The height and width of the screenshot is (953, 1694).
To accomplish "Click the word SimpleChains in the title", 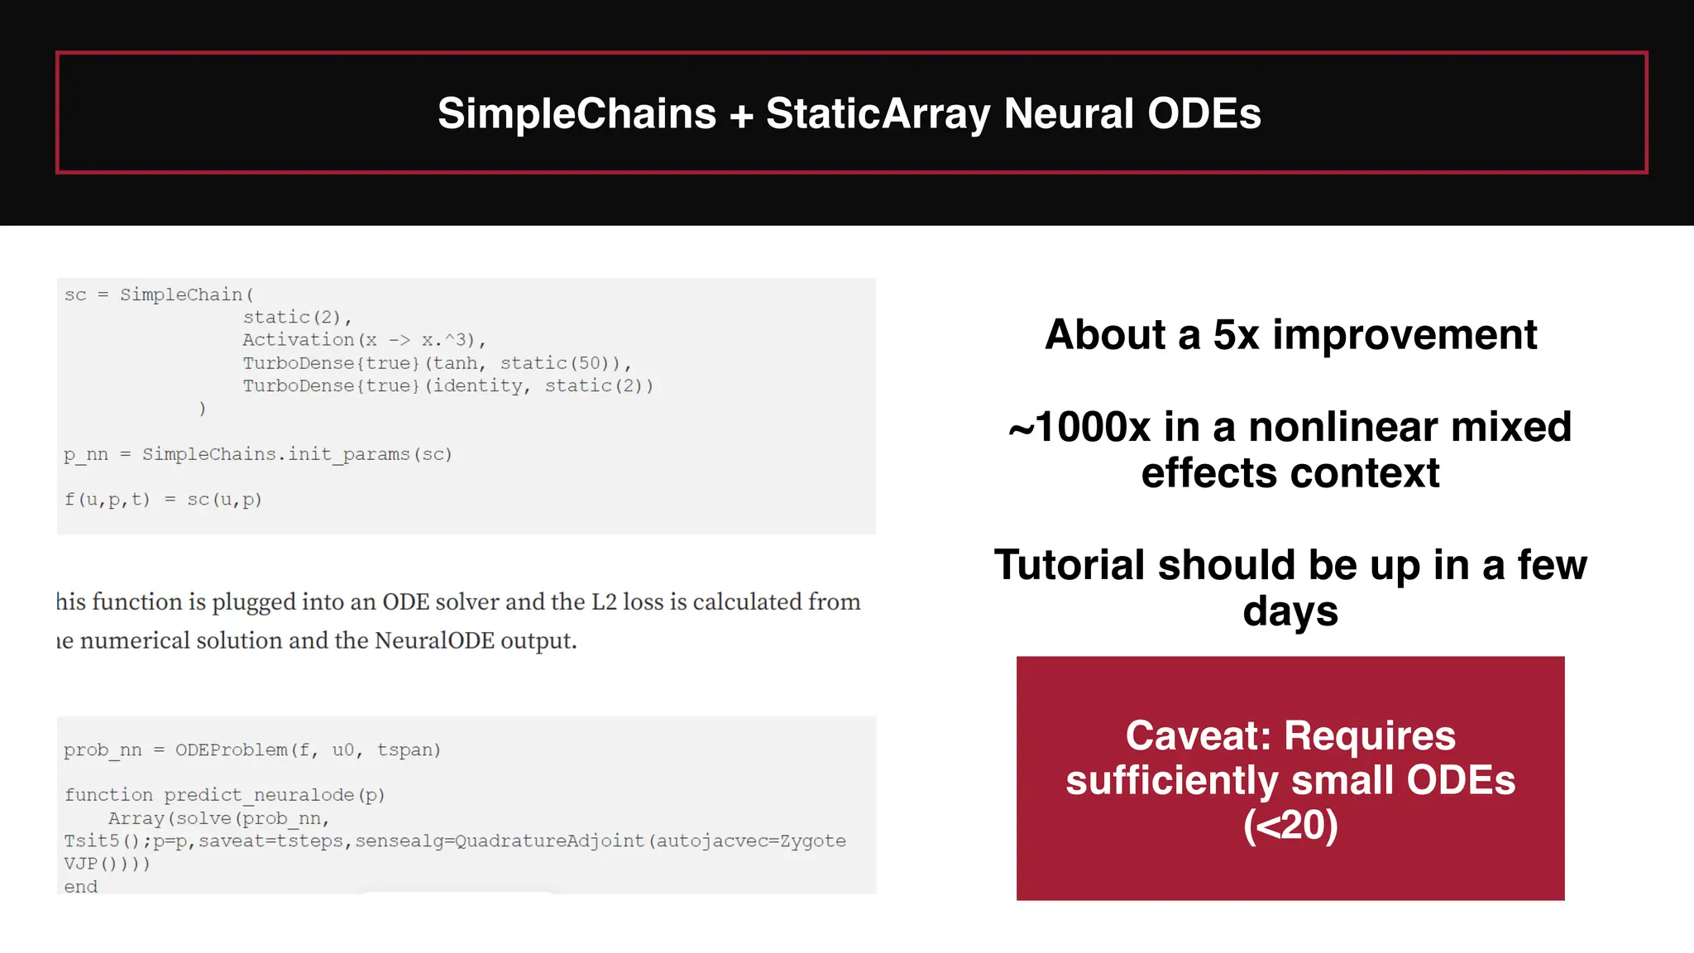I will tap(577, 113).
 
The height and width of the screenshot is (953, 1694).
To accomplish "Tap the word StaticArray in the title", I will tap(878, 113).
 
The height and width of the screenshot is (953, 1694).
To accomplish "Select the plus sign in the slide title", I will tap(741, 115).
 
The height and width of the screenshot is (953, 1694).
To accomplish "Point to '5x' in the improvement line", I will tap(1236, 335).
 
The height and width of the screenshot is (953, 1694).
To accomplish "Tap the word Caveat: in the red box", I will tap(1199, 735).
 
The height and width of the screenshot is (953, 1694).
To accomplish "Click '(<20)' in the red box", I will tap(1290, 825).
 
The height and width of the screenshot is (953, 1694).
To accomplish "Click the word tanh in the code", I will tap(455, 363).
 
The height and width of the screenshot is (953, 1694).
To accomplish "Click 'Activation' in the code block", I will tap(298, 340).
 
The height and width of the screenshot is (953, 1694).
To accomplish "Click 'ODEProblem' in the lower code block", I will tap(231, 749).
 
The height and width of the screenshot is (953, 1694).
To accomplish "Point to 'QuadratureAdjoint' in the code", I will tap(549, 840).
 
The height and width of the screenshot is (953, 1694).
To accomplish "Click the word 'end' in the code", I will tap(80, 887).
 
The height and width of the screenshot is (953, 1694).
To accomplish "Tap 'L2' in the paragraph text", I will tap(604, 601).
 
